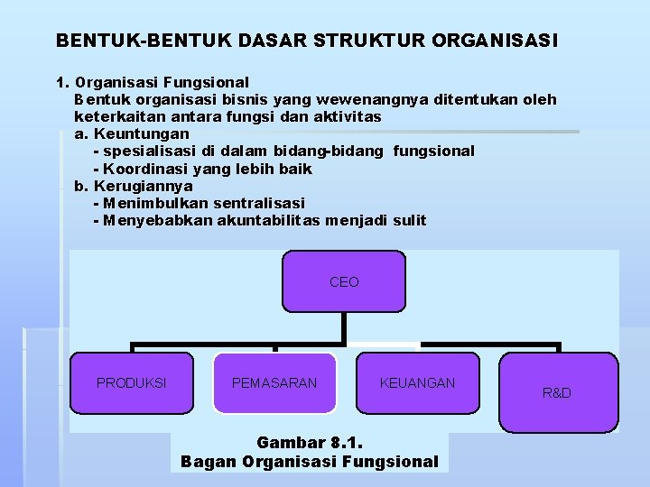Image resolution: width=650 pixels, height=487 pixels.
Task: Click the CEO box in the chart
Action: coord(344,282)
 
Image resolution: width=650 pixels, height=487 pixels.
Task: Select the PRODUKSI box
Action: coord(132,383)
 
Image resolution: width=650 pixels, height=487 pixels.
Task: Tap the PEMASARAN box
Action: coord(274,383)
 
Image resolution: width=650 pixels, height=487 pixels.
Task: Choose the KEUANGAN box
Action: coord(417,383)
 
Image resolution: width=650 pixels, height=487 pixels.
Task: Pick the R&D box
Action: coord(557,393)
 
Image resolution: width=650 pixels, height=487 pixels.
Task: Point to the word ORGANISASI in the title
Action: coord(496,41)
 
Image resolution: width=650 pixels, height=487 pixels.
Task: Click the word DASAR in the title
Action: coord(280,41)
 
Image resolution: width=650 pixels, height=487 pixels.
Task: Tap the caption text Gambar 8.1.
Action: coord(309,443)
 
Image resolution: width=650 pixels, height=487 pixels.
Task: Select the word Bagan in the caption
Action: coord(204,462)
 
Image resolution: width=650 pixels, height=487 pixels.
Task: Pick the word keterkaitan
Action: coord(115,116)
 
